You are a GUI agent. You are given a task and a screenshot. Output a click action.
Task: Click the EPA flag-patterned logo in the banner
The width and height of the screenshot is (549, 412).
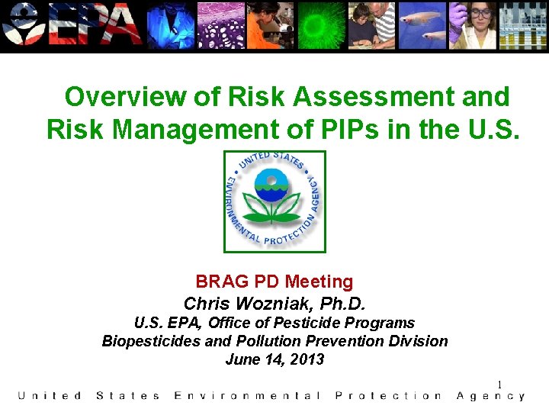(72, 25)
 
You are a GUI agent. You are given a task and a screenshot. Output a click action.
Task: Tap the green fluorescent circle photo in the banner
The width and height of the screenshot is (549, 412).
(321, 24)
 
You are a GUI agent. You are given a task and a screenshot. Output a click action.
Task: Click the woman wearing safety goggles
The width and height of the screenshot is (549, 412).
(479, 24)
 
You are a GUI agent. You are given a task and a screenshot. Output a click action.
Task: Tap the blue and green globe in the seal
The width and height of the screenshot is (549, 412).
(274, 185)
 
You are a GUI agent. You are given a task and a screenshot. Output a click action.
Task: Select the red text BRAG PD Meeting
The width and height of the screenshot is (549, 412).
(274, 282)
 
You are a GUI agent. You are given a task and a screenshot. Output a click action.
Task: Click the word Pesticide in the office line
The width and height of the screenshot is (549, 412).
(317, 323)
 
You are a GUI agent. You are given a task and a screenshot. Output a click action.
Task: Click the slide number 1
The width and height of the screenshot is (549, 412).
(499, 385)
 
